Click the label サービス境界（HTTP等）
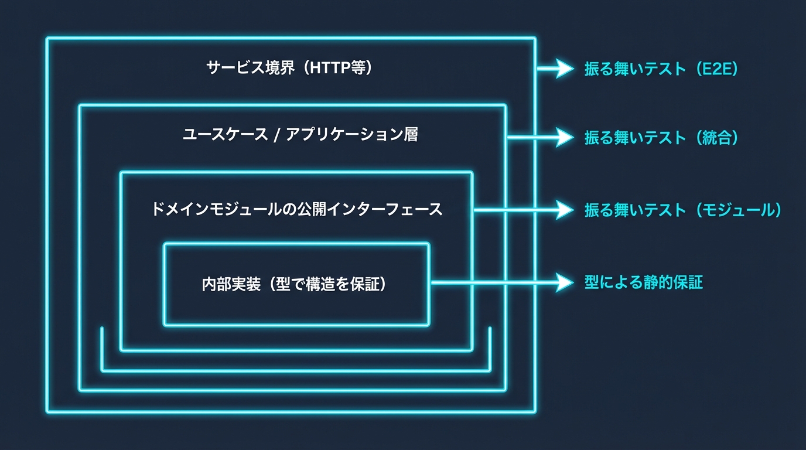(x=290, y=68)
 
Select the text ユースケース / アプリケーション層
(x=300, y=135)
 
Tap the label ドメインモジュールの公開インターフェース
(x=296, y=209)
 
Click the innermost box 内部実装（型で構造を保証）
(x=296, y=284)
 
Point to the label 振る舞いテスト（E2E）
(x=661, y=69)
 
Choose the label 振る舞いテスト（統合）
(x=661, y=138)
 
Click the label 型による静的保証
(x=643, y=283)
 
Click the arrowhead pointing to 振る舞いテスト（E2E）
(x=565, y=69)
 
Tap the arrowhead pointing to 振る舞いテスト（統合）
(x=565, y=138)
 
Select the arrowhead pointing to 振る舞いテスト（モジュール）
(x=565, y=210)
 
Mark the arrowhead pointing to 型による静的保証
(x=565, y=283)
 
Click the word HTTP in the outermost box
(x=330, y=68)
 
